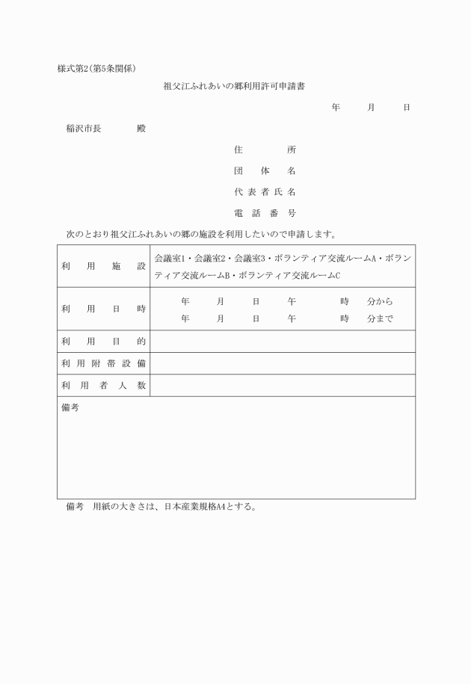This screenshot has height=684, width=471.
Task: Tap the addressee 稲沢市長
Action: tap(84, 129)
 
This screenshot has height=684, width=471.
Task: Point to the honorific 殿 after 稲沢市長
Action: tap(141, 129)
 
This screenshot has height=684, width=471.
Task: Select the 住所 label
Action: tap(265, 150)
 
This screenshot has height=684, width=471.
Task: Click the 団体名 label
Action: tap(265, 170)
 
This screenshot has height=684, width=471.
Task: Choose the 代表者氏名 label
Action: tap(265, 192)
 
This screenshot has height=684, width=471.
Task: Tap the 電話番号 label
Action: tap(265, 213)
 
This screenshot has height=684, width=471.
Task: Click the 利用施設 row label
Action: tap(103, 266)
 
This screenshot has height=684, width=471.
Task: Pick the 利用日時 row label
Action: tap(103, 309)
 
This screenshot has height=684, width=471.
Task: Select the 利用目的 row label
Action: tap(103, 342)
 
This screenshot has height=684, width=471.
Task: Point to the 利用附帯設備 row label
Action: tap(103, 363)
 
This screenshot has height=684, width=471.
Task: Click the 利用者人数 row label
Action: tap(103, 386)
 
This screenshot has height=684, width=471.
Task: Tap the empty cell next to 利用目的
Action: tap(283, 342)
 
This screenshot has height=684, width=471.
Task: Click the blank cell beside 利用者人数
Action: tap(283, 386)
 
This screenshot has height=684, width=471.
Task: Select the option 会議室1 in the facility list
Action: tap(169, 258)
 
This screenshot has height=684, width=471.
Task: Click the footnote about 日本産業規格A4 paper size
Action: tap(161, 506)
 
